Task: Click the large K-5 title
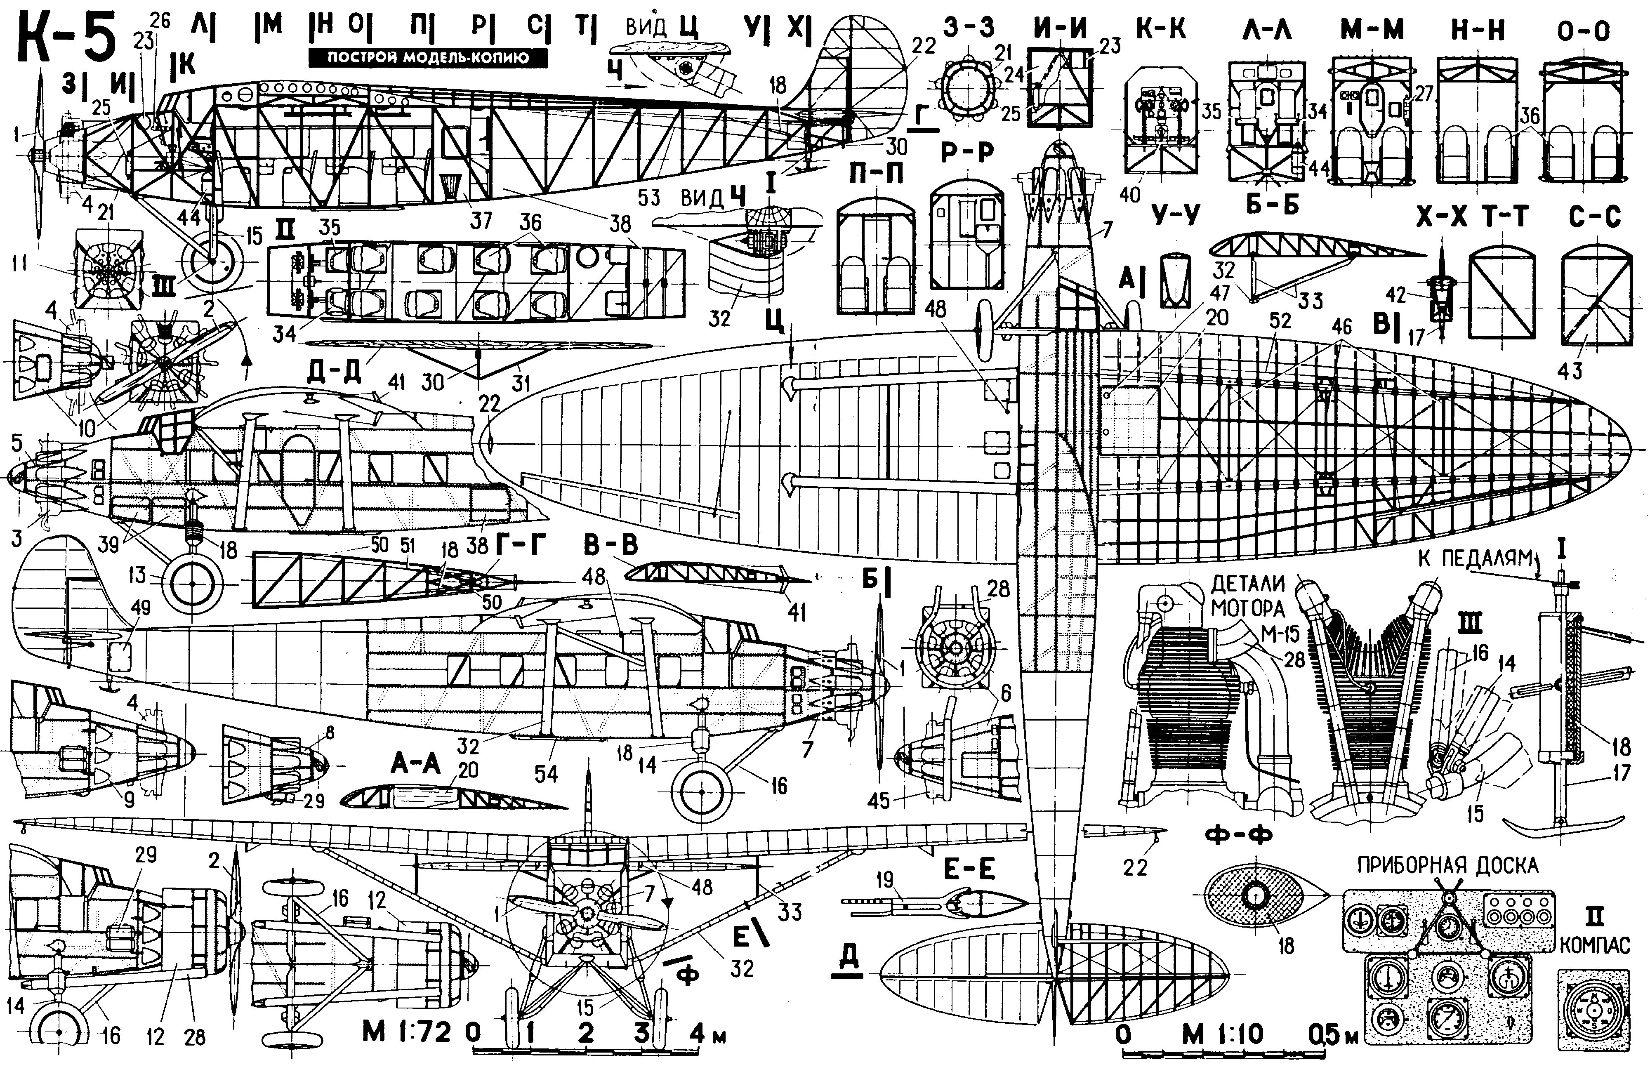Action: (66, 38)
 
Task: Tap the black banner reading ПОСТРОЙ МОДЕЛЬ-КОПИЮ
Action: (428, 57)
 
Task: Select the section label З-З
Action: (969, 28)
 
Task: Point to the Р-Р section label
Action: (967, 153)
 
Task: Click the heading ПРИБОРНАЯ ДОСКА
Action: (1447, 865)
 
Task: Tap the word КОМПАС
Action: (1595, 945)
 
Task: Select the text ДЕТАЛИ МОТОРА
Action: (1247, 596)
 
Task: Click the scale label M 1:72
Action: (407, 1032)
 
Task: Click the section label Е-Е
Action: (969, 870)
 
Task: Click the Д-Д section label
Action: (332, 371)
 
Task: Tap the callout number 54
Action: (545, 774)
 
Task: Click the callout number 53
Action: (648, 198)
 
